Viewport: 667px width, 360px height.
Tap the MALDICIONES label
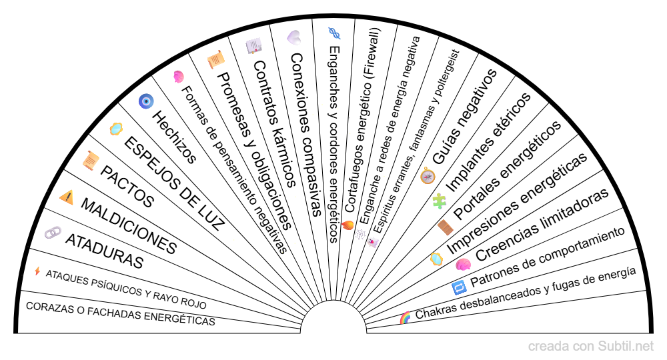pos(128,226)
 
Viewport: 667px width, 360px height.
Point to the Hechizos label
pos(174,137)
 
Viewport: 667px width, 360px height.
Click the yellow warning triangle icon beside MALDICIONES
pos(67,197)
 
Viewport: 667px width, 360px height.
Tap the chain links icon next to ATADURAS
pos(52,233)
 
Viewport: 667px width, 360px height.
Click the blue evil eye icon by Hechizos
pos(145,101)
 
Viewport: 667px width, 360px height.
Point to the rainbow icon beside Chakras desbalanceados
pos(405,318)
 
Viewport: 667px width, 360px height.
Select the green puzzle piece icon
pos(439,200)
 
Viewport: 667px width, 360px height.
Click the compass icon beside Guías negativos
pos(428,176)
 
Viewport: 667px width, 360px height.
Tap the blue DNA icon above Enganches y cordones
pos(334,31)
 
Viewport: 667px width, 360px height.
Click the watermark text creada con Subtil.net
pos(591,347)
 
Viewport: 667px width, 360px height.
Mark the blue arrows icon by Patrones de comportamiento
pos(459,287)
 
